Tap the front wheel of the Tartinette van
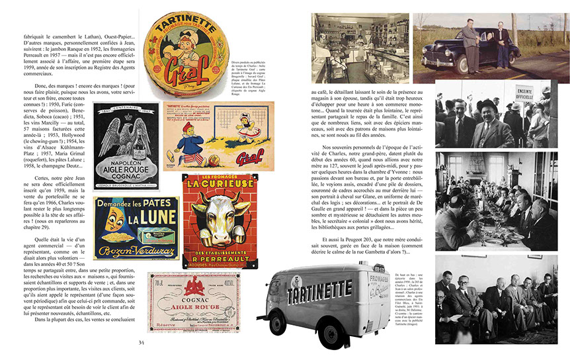click(337, 331)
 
